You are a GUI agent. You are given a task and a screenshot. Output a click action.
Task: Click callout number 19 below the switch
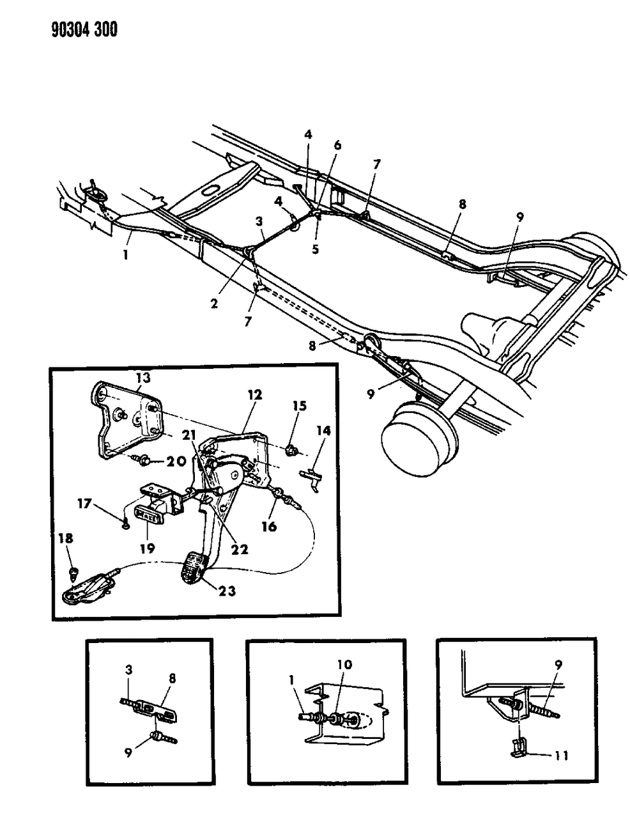[147, 529]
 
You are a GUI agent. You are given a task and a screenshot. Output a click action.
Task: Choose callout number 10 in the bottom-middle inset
[344, 665]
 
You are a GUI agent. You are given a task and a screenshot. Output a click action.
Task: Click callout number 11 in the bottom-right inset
[559, 756]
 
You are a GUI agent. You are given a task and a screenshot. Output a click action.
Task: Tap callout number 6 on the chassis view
[337, 145]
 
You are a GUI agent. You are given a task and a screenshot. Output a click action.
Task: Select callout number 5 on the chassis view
[315, 249]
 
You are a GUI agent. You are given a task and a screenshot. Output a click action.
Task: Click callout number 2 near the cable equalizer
[214, 303]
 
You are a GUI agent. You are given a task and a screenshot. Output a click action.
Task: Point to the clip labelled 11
[521, 747]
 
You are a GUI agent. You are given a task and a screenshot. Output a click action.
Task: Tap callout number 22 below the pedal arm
[240, 549]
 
